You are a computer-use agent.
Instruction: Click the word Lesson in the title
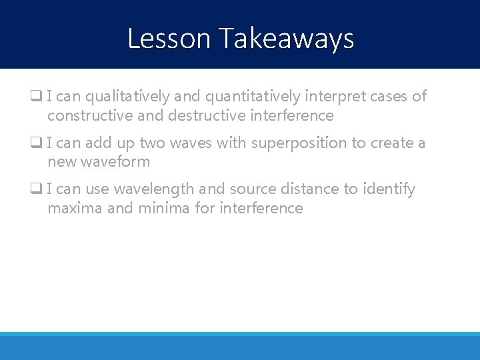coord(169,39)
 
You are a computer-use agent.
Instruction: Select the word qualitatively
coord(127,97)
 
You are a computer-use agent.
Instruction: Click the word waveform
coord(116,162)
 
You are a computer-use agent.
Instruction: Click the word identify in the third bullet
coord(389,189)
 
